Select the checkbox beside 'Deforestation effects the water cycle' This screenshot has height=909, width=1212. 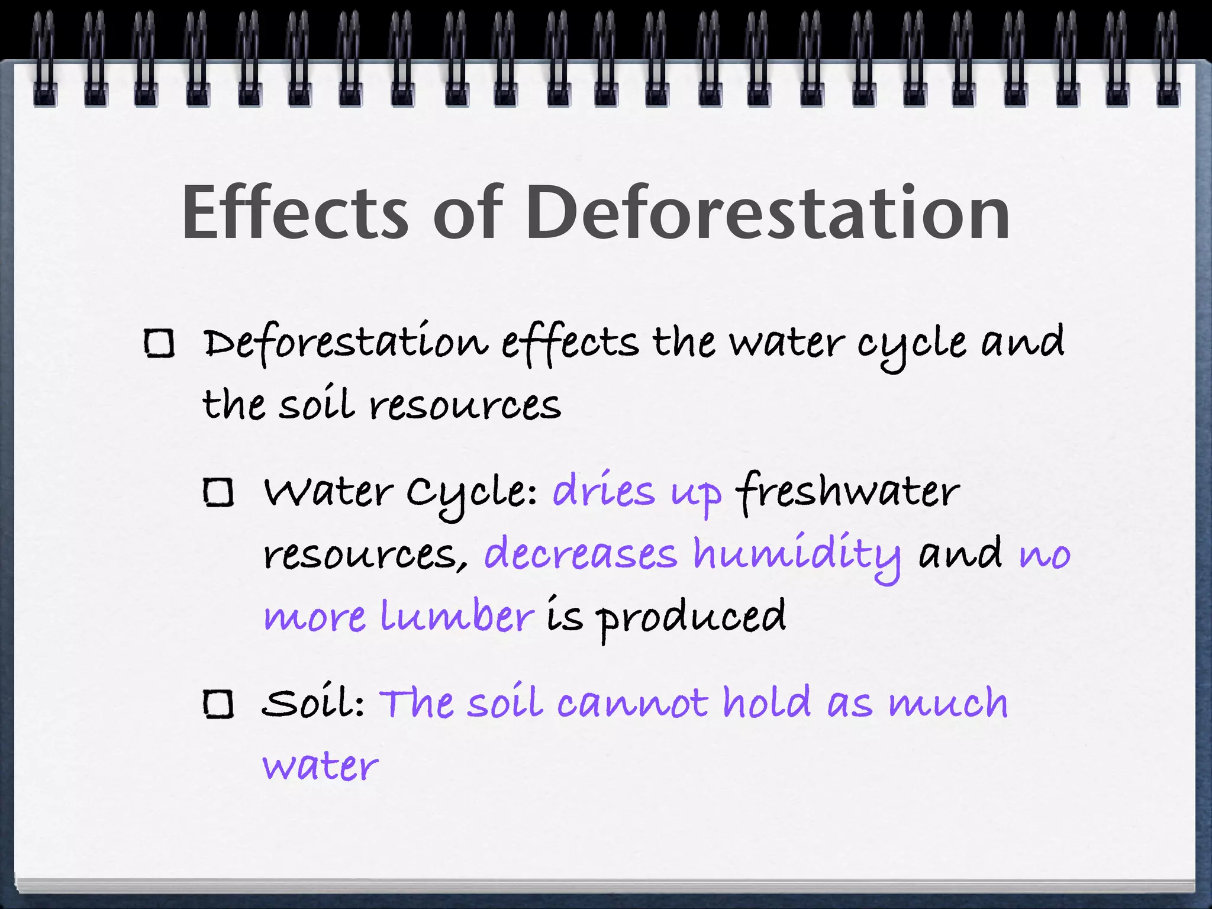pyautogui.click(x=159, y=344)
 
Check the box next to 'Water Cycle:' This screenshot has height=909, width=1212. pyautogui.click(x=218, y=492)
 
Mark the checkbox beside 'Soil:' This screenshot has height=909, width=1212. pyautogui.click(x=218, y=704)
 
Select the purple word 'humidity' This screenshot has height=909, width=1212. pyautogui.click(x=797, y=555)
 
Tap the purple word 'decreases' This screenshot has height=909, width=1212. pyautogui.click(x=581, y=554)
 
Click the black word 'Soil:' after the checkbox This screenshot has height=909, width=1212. pyautogui.click(x=313, y=704)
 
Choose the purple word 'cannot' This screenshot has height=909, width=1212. pyautogui.click(x=632, y=704)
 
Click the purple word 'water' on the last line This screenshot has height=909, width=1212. pyautogui.click(x=320, y=766)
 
